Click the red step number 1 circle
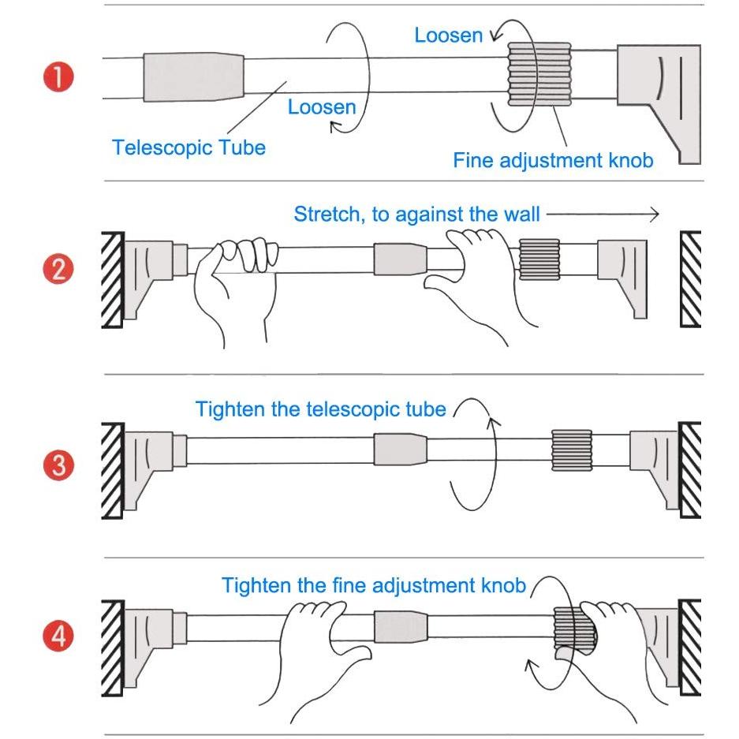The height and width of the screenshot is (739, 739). point(58,77)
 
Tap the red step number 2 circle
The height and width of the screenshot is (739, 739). point(58,269)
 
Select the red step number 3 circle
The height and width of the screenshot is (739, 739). point(58,465)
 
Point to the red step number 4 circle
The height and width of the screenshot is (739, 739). point(58,636)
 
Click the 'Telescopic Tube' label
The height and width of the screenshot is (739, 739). point(188,147)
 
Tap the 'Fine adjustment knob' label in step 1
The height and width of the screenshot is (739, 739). point(553,160)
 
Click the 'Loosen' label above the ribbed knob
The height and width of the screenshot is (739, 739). point(448,35)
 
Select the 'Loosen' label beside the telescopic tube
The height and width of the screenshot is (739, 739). point(322,107)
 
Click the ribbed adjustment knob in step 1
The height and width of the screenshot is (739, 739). point(539,74)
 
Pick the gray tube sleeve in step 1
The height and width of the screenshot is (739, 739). point(193,77)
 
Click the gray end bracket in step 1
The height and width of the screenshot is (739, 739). point(659,104)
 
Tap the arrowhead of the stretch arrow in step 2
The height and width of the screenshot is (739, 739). point(656,215)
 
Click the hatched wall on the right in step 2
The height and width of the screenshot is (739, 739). point(690,279)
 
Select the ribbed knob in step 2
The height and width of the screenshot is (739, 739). point(539,259)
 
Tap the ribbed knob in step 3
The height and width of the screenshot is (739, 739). point(572,450)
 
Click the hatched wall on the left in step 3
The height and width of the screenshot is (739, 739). point(113,470)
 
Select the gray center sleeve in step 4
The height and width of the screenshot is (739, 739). point(401,627)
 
